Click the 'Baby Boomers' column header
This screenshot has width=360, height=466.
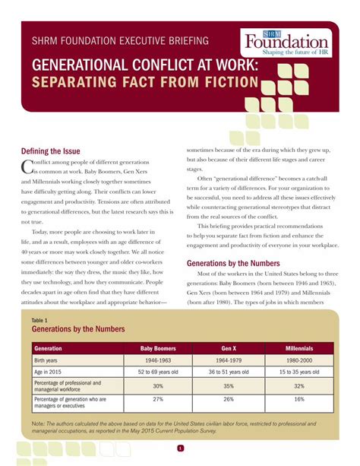point(158,348)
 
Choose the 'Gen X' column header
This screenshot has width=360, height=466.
point(229,348)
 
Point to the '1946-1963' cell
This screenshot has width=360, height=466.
point(158,360)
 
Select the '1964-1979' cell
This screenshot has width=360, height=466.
point(229,360)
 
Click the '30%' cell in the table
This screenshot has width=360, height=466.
point(158,385)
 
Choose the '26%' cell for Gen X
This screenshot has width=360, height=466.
point(229,399)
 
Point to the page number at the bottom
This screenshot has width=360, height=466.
point(180,448)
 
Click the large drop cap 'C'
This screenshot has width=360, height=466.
point(27,166)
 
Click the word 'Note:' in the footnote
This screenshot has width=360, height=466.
point(39,423)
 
